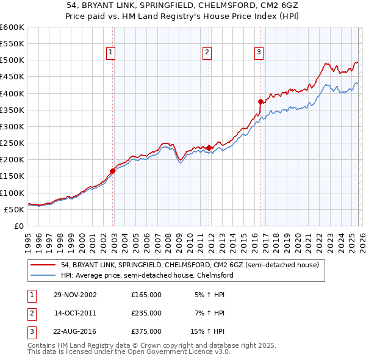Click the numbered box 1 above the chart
tap(111, 53)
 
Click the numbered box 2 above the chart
tap(207, 53)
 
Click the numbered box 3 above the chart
tap(259, 53)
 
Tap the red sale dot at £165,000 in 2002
tap(113, 171)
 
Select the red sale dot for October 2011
tap(209, 148)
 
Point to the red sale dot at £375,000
tap(260, 101)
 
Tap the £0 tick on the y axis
tap(18, 226)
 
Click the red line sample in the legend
tap(43, 265)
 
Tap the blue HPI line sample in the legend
tap(43, 275)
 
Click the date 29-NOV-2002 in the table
tap(75, 295)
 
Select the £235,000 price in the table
tap(146, 313)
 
